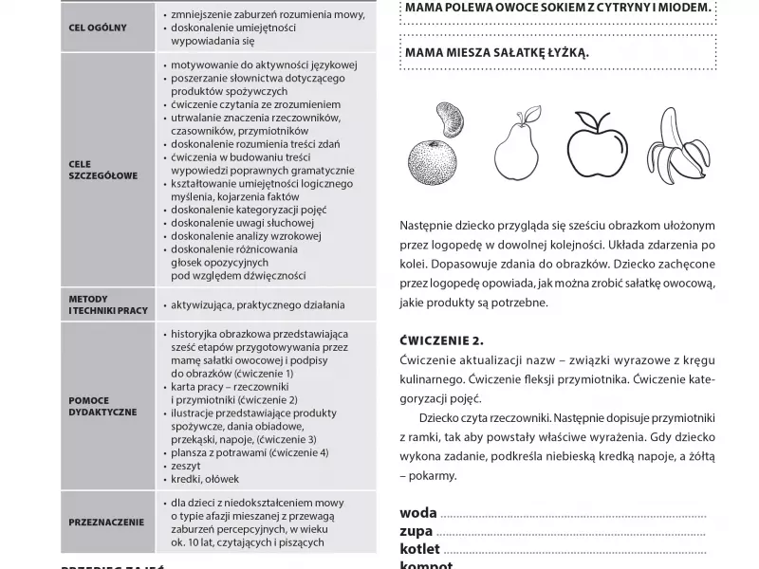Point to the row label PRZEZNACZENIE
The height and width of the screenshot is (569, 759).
(106, 522)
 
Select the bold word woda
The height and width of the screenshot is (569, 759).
(418, 514)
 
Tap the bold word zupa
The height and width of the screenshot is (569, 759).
(417, 531)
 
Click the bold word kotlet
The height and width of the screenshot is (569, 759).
(420, 549)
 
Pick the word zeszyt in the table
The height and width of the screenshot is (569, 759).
(186, 466)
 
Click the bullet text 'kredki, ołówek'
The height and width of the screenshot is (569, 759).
(205, 479)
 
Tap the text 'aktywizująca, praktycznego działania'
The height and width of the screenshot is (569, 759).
(257, 304)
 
